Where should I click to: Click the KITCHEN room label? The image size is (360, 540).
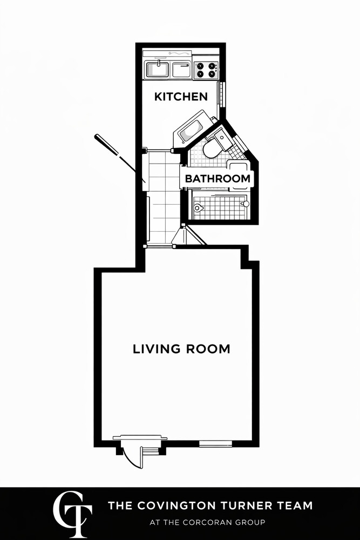coord(181,97)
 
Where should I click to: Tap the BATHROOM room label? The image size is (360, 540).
coord(218,179)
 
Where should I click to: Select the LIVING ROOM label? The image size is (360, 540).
coord(181,349)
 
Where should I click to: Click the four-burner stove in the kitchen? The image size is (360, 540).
coord(206,70)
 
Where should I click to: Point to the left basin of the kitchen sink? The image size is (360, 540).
coord(157,70)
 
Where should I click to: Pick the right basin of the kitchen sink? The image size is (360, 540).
coord(181,70)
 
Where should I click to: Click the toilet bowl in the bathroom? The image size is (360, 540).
coord(212,148)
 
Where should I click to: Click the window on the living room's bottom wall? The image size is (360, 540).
coord(215,444)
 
